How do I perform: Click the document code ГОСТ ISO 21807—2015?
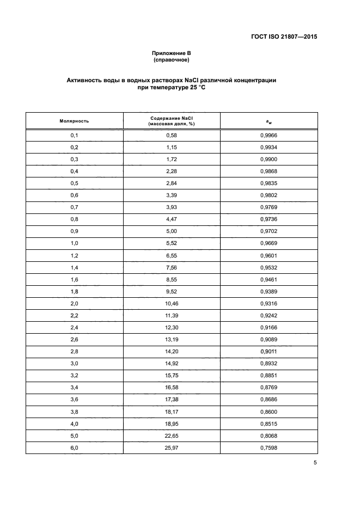click(284, 37)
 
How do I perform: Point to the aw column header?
click(269, 121)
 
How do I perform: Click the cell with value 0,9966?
click(269, 135)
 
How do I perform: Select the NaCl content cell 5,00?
click(172, 231)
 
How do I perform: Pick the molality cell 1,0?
click(75, 243)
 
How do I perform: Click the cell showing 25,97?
click(172, 447)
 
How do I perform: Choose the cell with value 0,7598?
click(269, 447)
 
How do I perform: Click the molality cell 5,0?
click(75, 435)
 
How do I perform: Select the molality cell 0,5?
click(75, 183)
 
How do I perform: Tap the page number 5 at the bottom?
click(315, 463)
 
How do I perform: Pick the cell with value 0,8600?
click(269, 411)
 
